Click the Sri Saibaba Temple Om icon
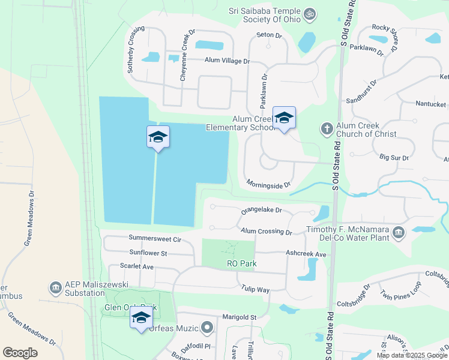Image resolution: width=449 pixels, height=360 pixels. pos(310,13)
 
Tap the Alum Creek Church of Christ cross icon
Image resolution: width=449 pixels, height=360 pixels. pos(327,128)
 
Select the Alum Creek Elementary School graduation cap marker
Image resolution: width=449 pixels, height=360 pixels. pos(284,118)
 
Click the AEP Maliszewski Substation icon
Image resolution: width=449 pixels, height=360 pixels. pos(56,287)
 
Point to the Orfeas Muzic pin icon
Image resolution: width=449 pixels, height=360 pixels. pos(207,328)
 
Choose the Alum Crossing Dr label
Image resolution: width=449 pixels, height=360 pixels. pos(266,231)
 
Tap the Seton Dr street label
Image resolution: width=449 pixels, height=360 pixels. pos(268,35)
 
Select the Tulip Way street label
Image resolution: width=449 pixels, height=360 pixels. pos(255,290)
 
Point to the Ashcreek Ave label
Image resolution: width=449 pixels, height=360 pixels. pos(306,254)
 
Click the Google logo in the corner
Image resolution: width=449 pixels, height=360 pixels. pos(20,353)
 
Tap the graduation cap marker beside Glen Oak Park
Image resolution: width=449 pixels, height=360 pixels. pos(141,318)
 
